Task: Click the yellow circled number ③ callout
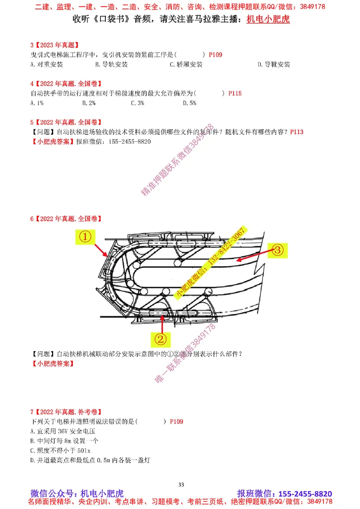(278, 250)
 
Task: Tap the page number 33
(181, 484)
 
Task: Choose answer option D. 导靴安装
(274, 64)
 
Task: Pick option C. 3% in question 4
(137, 103)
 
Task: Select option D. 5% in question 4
(189, 103)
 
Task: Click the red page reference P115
(235, 94)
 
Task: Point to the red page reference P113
(297, 132)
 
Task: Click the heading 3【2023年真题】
(54, 45)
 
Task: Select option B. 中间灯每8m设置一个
(64, 441)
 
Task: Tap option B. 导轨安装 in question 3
(112, 64)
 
